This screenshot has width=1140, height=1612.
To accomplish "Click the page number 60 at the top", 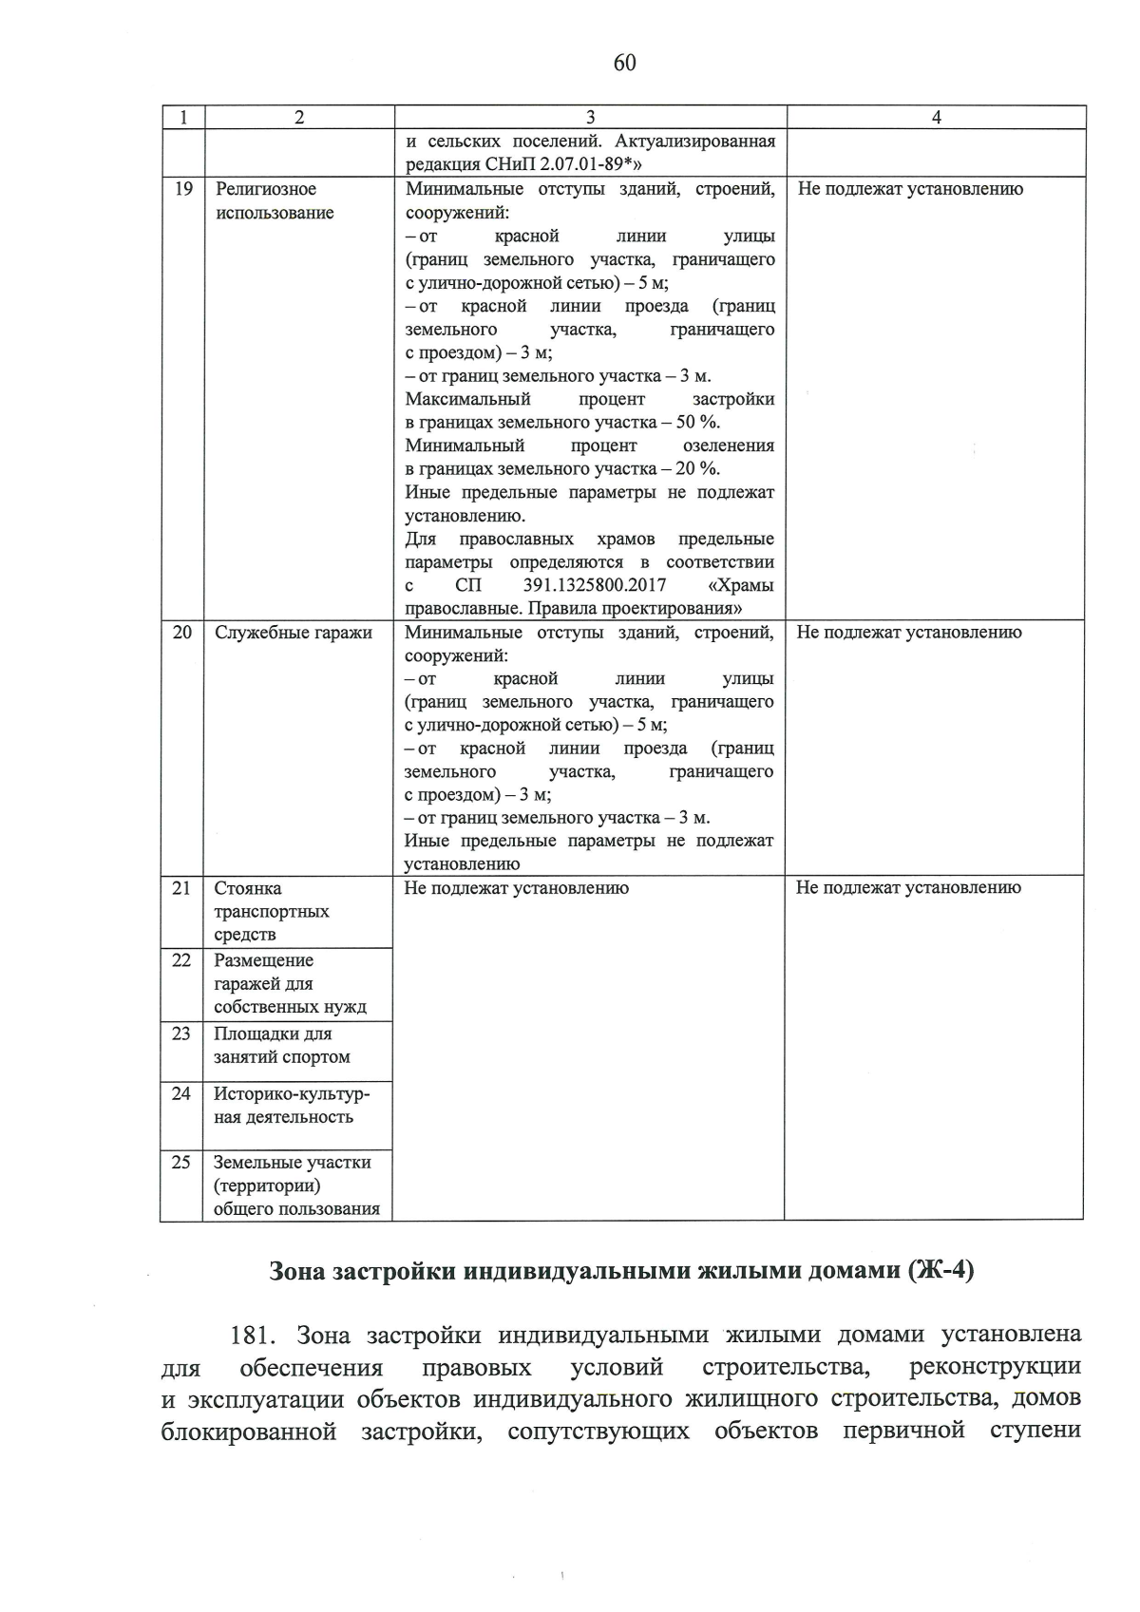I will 625,63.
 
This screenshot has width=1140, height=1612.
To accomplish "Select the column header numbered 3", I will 590,118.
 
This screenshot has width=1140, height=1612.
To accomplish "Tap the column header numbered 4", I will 936,118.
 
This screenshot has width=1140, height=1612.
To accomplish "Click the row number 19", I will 183,189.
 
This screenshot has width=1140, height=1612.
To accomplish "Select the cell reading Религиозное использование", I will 275,200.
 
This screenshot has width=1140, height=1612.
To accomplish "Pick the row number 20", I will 182,633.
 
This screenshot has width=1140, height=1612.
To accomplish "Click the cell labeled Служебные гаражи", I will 293,633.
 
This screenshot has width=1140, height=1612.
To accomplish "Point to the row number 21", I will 181,888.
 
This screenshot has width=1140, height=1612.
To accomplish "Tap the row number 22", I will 181,960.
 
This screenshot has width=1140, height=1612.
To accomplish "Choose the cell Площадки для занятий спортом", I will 281,1045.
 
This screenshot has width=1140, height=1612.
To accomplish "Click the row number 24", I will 181,1094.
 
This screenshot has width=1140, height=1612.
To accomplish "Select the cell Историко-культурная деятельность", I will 291,1106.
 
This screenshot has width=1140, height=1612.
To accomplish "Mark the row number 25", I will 181,1163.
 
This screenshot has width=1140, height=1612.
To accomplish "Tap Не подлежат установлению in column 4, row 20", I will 908,633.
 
